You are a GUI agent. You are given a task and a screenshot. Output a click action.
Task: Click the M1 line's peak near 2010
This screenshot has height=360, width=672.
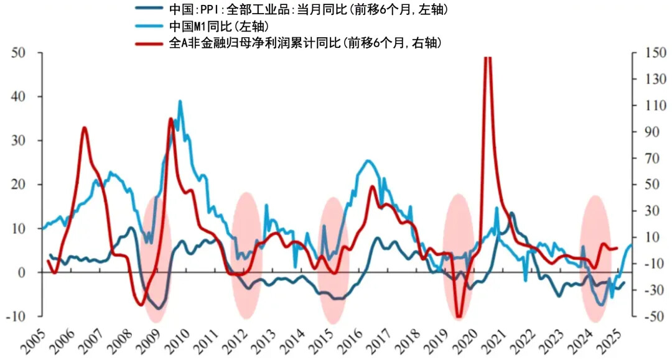[x=180, y=101]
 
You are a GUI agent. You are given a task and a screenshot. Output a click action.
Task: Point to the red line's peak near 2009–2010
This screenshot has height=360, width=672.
[x=171, y=119]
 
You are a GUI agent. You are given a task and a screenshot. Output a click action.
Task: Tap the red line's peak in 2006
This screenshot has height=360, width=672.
[x=84, y=128]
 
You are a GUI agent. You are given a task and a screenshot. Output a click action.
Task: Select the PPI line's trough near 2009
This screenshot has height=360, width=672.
[x=159, y=308]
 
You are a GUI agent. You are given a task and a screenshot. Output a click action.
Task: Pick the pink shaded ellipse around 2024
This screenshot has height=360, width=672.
[x=595, y=258]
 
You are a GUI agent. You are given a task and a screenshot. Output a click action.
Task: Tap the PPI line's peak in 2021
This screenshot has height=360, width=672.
[x=512, y=213]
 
